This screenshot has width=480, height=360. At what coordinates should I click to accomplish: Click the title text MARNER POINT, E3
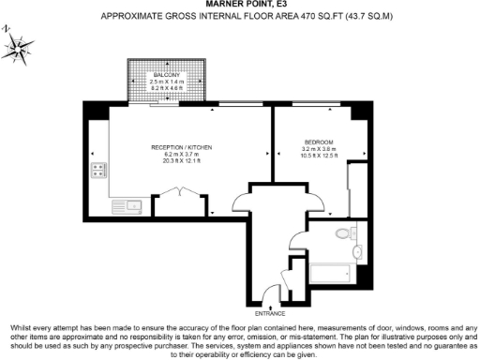click(x=240, y=5)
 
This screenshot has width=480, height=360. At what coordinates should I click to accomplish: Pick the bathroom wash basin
click(x=357, y=253)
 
